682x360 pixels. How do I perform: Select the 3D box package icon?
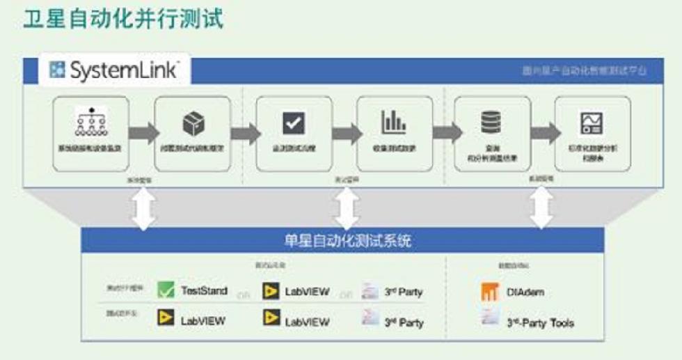click(192, 124)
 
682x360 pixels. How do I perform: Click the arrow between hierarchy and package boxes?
click(142, 133)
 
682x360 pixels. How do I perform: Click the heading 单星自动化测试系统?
click(341, 241)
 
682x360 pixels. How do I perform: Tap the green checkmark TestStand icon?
click(166, 290)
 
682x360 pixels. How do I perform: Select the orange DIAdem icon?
click(490, 292)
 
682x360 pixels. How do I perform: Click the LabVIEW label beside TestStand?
click(307, 291)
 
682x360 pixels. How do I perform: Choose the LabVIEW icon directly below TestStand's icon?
click(166, 320)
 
